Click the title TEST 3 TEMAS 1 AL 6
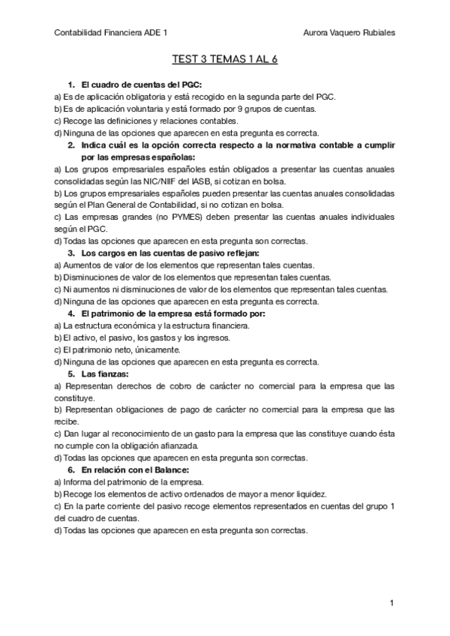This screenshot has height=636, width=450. [225, 60]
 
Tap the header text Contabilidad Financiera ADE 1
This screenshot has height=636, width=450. [112, 33]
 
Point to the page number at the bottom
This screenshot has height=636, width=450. [391, 603]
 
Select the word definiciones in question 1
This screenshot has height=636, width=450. [132, 121]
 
